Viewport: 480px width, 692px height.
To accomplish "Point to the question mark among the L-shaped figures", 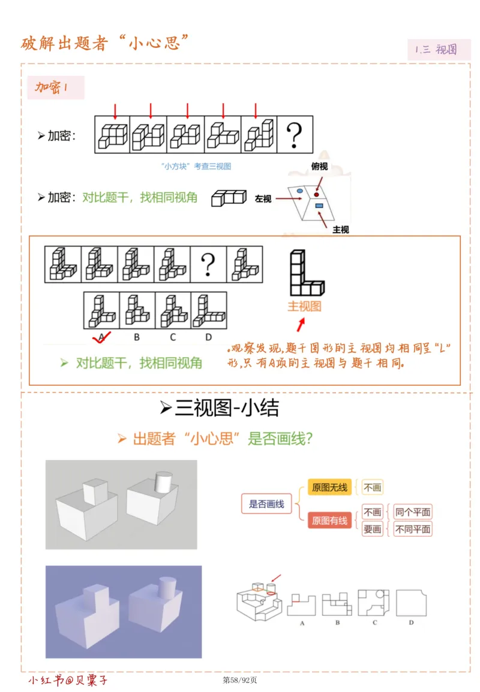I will point(208,264).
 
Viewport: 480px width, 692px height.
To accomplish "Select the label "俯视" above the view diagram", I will point(320,167).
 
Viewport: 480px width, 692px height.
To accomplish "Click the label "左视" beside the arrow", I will point(263,198).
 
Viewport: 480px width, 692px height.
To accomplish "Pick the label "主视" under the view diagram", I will point(340,229).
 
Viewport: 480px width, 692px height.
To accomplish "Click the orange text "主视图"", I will point(304,306).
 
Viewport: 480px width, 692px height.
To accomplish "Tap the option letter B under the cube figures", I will point(137,337).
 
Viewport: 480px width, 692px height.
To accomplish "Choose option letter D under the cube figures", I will point(208,337).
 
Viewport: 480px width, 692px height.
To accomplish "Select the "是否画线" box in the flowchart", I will point(266,504).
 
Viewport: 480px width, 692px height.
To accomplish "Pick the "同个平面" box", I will point(413,512).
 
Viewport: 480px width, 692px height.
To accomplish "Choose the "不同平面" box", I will point(413,529).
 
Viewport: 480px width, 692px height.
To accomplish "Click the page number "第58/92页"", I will point(240,680).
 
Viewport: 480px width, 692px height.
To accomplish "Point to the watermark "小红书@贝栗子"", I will point(68,681).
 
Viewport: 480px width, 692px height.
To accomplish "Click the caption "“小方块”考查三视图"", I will point(196,167).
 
